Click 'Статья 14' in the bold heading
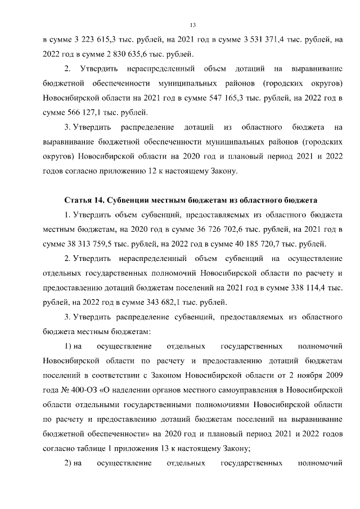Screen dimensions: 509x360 click(84, 200)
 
